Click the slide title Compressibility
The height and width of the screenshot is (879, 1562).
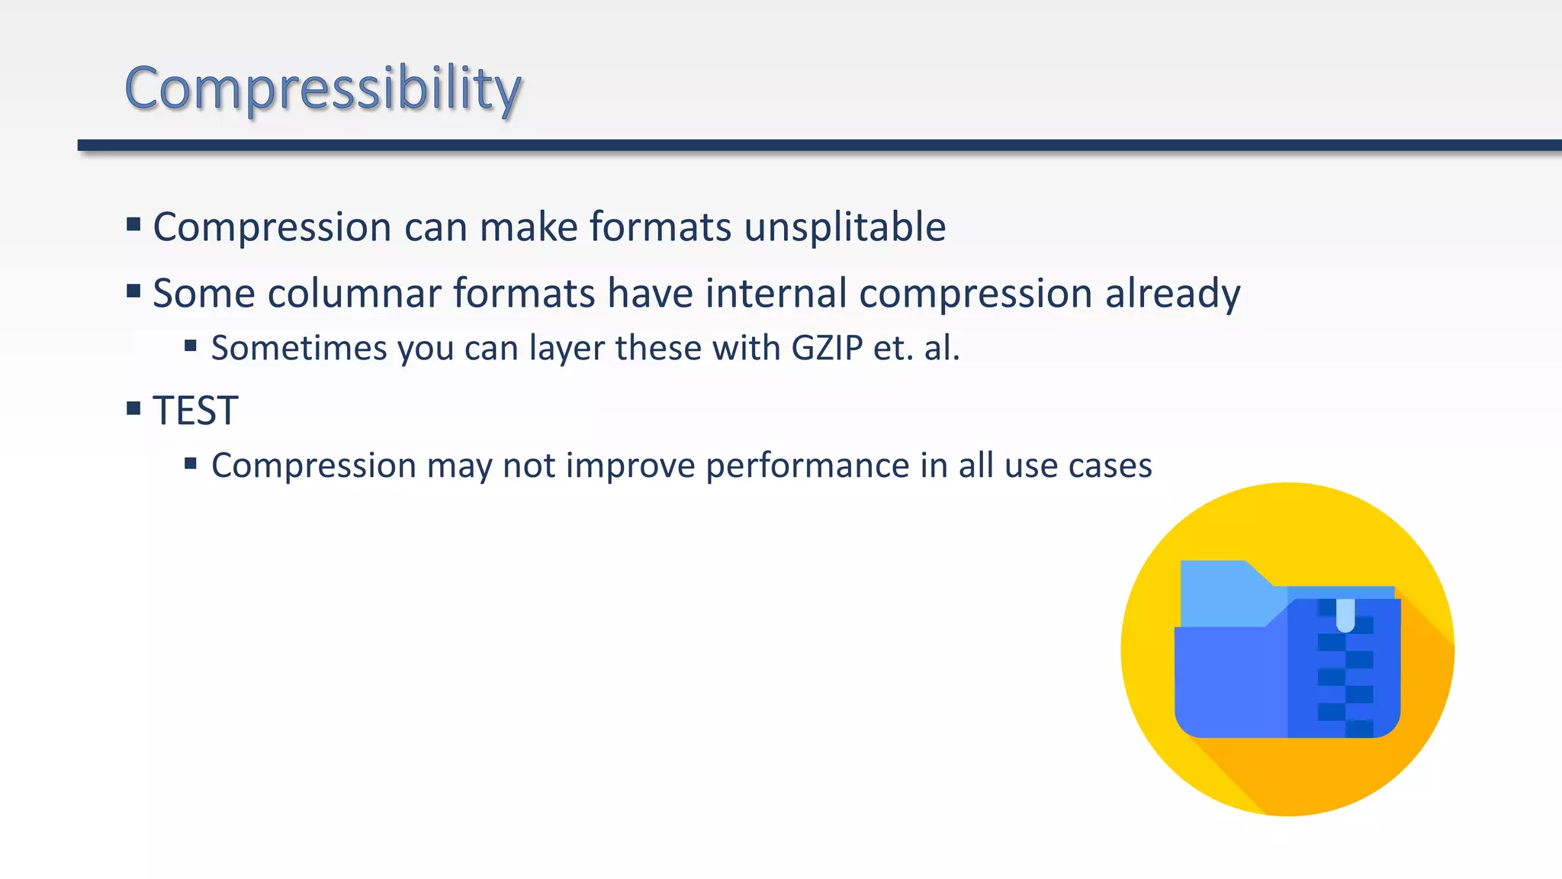pyautogui.click(x=323, y=89)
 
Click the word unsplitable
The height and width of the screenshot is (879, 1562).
pyautogui.click(x=844, y=227)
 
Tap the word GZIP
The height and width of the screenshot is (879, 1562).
pyautogui.click(x=827, y=348)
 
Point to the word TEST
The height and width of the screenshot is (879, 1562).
pyautogui.click(x=195, y=411)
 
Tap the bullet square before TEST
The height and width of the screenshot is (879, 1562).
pyautogui.click(x=133, y=408)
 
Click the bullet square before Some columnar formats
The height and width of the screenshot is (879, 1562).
pyautogui.click(x=133, y=291)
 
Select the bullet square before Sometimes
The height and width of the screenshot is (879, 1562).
pyautogui.click(x=191, y=346)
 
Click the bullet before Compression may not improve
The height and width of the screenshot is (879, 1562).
pyautogui.click(x=191, y=463)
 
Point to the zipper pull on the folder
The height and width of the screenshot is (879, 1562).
pyautogui.click(x=1345, y=615)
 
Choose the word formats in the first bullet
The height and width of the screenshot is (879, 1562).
pyautogui.click(x=660, y=227)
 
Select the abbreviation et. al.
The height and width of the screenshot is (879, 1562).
pyautogui.click(x=916, y=348)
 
